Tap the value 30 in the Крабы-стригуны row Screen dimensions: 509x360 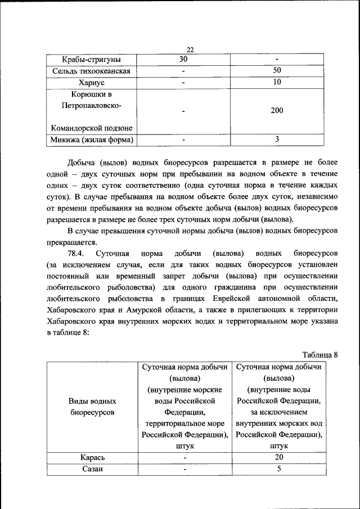[183, 60]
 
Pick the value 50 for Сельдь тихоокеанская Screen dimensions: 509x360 [277, 71]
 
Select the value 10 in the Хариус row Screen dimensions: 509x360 [277, 83]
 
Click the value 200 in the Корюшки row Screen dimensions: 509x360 [277, 111]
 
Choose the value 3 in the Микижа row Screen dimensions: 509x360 [277, 139]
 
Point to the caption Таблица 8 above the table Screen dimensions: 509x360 [319, 355]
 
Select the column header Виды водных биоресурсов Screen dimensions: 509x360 [92, 407]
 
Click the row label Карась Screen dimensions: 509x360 [92, 458]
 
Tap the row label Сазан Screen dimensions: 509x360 [92, 470]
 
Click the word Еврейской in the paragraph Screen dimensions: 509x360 [222, 299]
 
